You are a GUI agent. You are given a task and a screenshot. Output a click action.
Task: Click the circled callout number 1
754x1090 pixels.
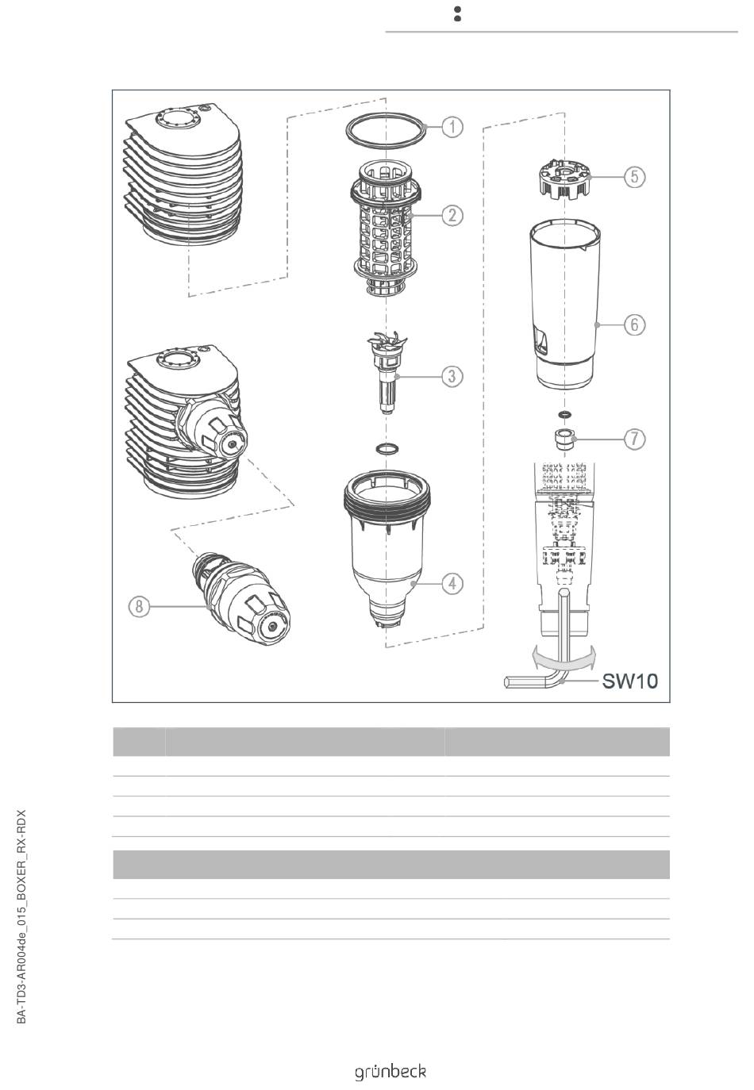[x=452, y=128]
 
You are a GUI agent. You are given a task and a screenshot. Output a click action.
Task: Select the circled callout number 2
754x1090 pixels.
[x=452, y=215]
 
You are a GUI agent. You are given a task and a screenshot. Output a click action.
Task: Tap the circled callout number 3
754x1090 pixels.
[x=452, y=376]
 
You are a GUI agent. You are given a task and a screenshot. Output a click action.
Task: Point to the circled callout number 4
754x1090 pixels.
[x=452, y=582]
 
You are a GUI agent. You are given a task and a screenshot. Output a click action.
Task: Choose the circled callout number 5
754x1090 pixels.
[x=635, y=176]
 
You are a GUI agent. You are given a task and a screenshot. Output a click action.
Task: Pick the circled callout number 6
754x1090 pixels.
[x=635, y=324]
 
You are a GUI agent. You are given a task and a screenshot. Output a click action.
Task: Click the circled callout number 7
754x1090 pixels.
[x=635, y=439]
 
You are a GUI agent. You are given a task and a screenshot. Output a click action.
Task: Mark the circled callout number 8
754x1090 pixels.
[x=139, y=606]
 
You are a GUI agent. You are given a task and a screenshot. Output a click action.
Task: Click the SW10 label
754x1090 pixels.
[x=630, y=681]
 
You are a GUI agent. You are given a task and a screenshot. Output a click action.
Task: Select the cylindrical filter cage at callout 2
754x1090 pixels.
[x=386, y=228]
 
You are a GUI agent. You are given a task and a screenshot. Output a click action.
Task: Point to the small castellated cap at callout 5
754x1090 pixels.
[x=564, y=178]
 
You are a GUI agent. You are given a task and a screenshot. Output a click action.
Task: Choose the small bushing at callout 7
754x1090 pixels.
[x=564, y=439]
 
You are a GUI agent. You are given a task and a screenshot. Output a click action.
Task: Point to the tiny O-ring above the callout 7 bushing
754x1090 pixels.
[x=564, y=415]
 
